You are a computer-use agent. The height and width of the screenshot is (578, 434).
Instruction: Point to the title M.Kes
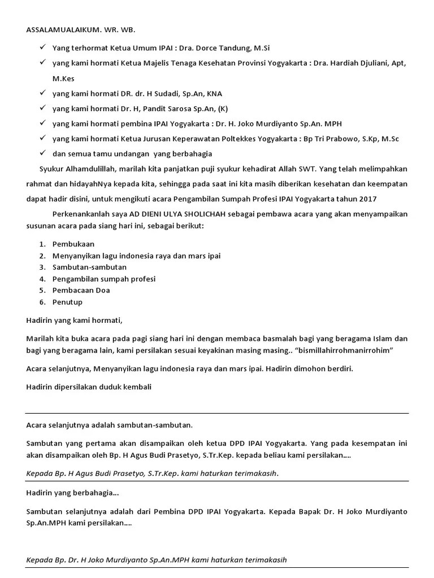(x=63, y=78)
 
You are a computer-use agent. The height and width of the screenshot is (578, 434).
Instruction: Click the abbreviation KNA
(x=214, y=94)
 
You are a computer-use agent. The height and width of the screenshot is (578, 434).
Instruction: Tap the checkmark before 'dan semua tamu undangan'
(x=42, y=153)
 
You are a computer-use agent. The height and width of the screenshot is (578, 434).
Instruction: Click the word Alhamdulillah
(x=89, y=169)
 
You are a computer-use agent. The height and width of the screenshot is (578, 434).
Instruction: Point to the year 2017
(x=367, y=199)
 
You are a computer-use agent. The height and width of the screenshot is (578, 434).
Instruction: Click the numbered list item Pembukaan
(x=73, y=244)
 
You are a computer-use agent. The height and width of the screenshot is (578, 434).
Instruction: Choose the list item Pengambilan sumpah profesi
(x=103, y=279)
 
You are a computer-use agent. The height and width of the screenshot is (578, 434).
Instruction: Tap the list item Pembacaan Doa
(x=81, y=290)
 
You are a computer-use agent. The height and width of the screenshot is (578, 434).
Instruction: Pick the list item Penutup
(x=67, y=302)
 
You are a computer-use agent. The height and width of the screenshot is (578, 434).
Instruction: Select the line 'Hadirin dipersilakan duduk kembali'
(x=89, y=387)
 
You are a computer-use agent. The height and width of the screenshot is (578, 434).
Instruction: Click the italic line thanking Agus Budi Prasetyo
(x=152, y=473)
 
